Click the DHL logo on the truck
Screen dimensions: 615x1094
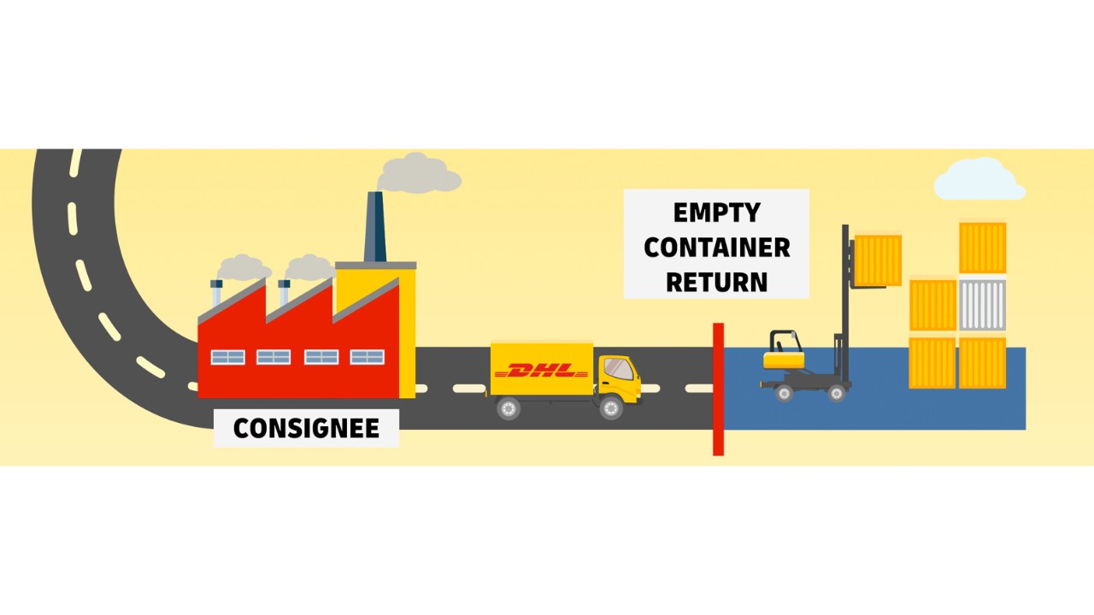pos(542,371)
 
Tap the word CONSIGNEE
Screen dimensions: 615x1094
pos(306,428)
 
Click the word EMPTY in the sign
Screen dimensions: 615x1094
pos(716,213)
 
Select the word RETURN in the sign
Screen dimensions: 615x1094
pos(716,282)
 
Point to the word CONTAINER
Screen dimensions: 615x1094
pos(716,248)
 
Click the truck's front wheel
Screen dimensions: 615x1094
pos(611,407)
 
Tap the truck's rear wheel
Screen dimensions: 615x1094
pos(509,408)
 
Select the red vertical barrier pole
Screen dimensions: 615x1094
pos(718,389)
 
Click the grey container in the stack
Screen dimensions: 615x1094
pos(982,305)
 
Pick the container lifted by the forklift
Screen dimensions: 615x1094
pos(878,260)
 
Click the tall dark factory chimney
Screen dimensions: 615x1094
pos(374,226)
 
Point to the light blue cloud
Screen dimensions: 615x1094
pos(979,180)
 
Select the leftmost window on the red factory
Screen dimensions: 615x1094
pos(227,357)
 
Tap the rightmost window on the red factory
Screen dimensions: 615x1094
pos(367,357)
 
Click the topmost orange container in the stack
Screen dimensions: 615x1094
pos(982,248)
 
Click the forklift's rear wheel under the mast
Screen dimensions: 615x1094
pos(836,393)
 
